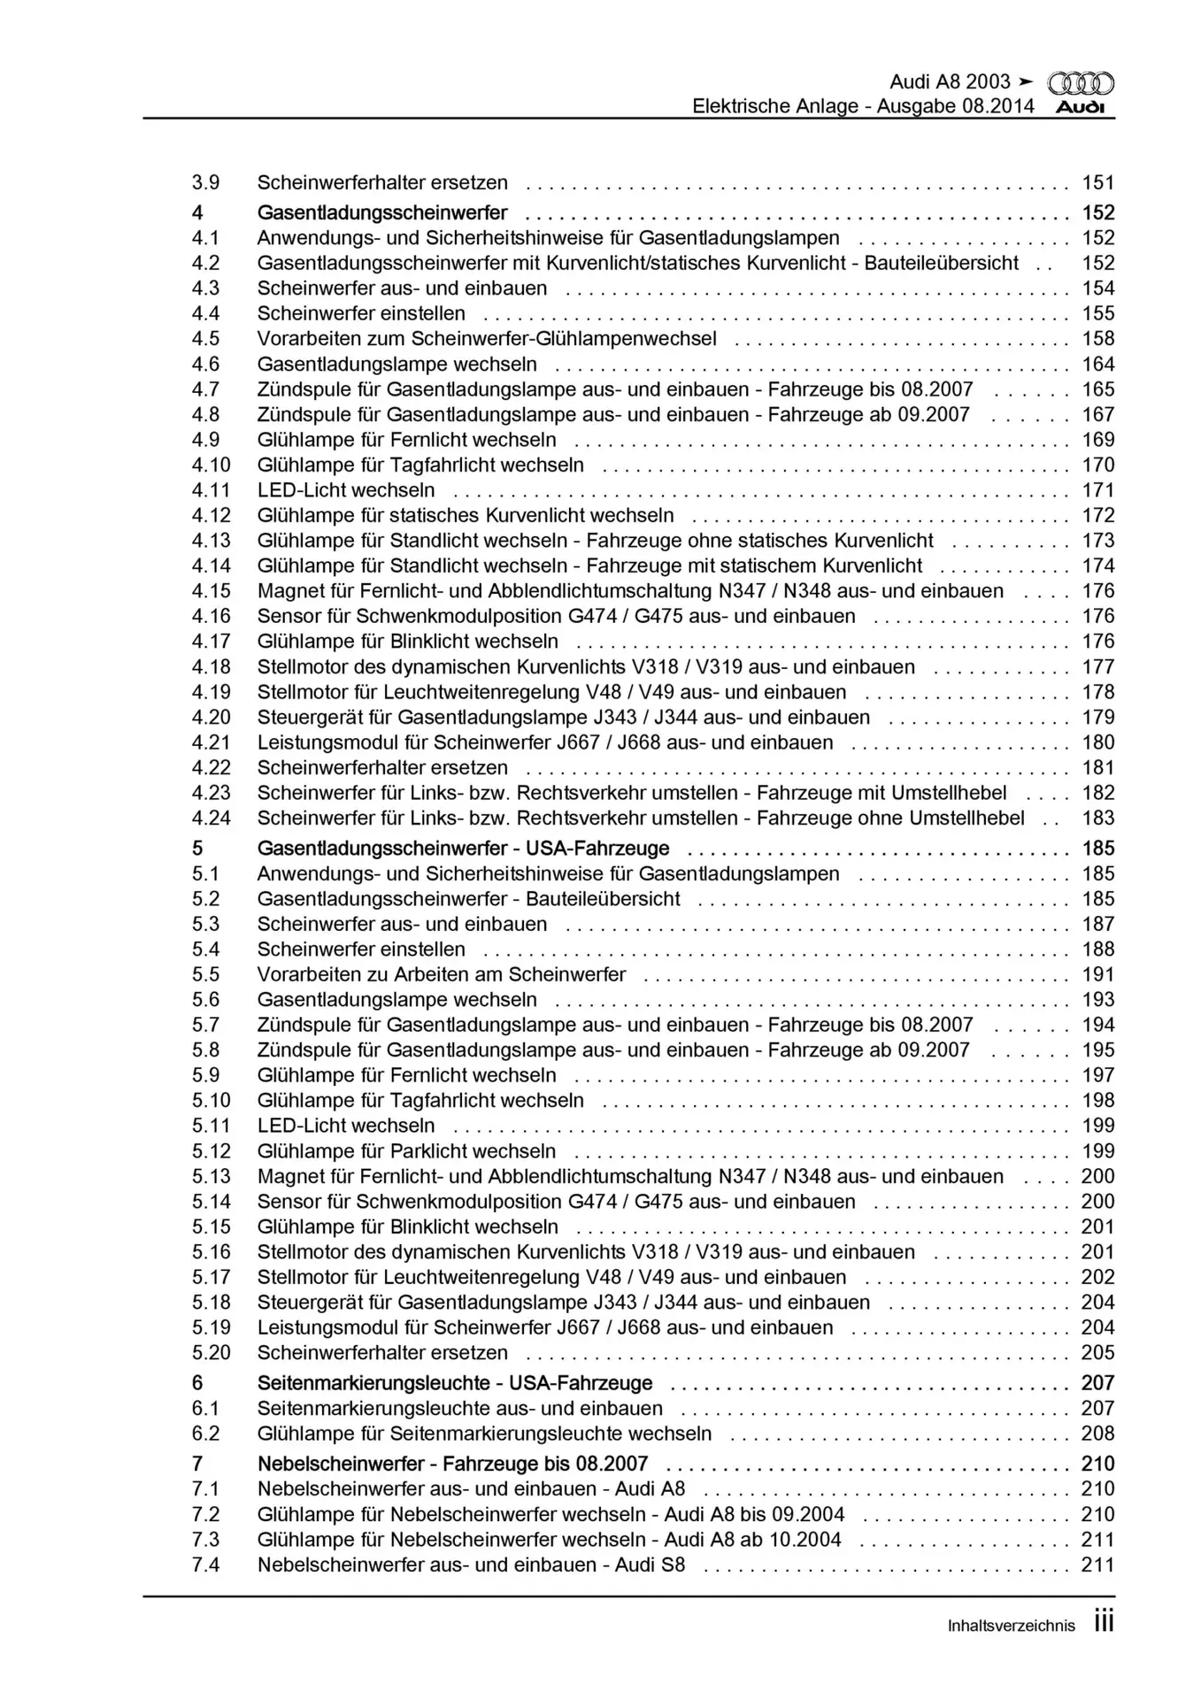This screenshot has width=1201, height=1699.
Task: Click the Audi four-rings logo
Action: coord(1081,83)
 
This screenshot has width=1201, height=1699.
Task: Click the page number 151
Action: coord(1097,183)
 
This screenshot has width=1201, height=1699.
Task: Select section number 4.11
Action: coord(211,490)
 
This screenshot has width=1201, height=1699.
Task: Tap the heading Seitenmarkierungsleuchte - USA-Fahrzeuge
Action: coord(455,1383)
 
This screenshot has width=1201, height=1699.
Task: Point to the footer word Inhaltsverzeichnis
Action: coord(1011,1626)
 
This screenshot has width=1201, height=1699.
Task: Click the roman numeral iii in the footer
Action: coord(1103,1622)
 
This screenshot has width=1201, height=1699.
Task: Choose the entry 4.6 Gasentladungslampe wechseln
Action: coord(396,364)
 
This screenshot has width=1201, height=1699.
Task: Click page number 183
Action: coord(1097,819)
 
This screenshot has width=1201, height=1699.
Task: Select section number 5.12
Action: coord(211,1151)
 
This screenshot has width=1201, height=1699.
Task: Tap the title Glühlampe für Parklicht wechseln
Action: coord(406,1151)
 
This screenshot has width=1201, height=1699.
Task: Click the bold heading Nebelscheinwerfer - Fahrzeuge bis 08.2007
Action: coord(452,1464)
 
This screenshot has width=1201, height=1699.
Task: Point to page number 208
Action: coord(1097,1434)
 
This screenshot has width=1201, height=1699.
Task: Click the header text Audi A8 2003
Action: coord(950,82)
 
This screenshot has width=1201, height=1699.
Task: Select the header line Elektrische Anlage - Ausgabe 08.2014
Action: coord(863,107)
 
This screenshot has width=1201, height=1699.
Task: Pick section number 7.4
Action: coord(205,1564)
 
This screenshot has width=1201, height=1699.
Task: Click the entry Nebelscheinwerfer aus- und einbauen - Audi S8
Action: coord(471,1564)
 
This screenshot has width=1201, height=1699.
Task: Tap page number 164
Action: coord(1097,364)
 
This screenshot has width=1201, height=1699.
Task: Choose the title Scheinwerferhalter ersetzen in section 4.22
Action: coord(382,768)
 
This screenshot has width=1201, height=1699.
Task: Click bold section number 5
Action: coord(196,849)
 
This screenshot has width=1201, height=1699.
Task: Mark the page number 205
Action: coord(1097,1353)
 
